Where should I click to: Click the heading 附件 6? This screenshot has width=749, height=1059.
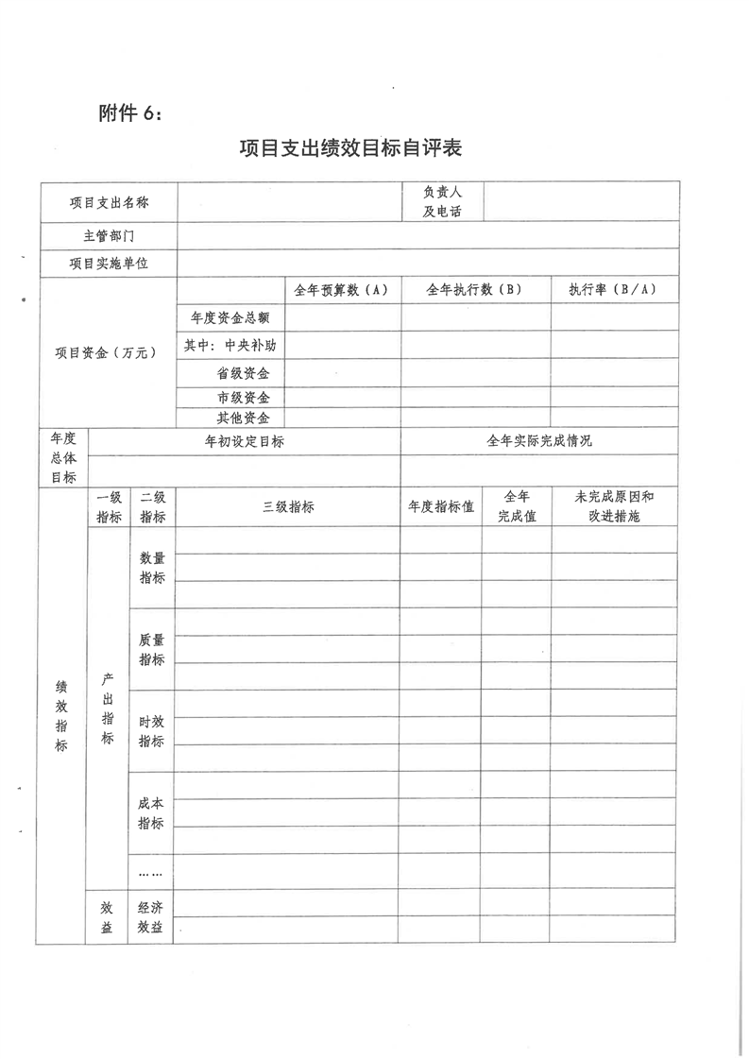pos(130,113)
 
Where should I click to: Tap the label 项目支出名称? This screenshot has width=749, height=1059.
pos(109,201)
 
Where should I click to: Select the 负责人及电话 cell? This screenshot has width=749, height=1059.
pos(442,201)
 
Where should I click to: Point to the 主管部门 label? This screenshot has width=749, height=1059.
pos(109,235)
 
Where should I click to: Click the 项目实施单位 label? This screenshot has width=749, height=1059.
pos(109,263)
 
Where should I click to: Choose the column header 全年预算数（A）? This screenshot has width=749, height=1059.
pos(341,290)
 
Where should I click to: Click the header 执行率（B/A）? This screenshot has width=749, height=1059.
pos(614,290)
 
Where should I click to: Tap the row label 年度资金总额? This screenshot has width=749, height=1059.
pos(230,317)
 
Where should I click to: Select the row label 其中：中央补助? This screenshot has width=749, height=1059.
pos(230,345)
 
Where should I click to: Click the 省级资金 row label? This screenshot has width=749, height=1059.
pos(244,373)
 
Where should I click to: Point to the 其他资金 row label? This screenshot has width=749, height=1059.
pos(244,417)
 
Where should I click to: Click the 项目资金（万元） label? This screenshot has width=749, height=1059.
pos(107,352)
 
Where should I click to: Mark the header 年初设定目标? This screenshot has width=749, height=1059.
pos(244,440)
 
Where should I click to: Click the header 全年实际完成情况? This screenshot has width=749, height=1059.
pos(539,440)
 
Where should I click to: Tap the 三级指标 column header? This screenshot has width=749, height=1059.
pos(288,506)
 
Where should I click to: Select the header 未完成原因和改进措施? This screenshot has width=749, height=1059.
pos(614,506)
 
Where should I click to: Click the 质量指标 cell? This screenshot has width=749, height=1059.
pos(151,648)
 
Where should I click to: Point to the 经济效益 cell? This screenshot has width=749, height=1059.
pos(151,916)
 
